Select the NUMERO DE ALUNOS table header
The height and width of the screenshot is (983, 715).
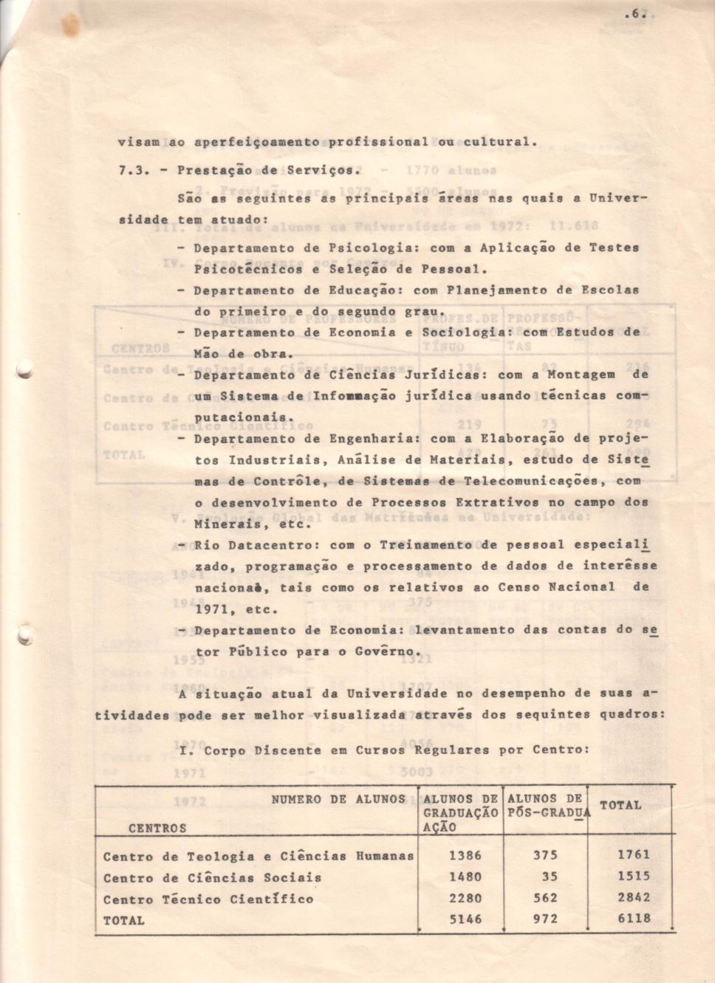[x=338, y=799]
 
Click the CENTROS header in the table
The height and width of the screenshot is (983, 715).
[x=157, y=829]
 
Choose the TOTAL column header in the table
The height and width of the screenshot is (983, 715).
[x=620, y=805]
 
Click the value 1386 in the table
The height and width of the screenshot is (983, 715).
[x=465, y=855]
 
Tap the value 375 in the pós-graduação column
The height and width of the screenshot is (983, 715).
[x=545, y=855]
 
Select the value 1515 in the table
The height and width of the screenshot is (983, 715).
[x=634, y=877]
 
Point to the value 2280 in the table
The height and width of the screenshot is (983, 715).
[x=465, y=898]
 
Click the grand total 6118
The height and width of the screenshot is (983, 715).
[x=634, y=919]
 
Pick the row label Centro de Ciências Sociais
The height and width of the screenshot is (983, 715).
[x=212, y=878]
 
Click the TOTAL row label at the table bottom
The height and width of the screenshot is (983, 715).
[x=123, y=920]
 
